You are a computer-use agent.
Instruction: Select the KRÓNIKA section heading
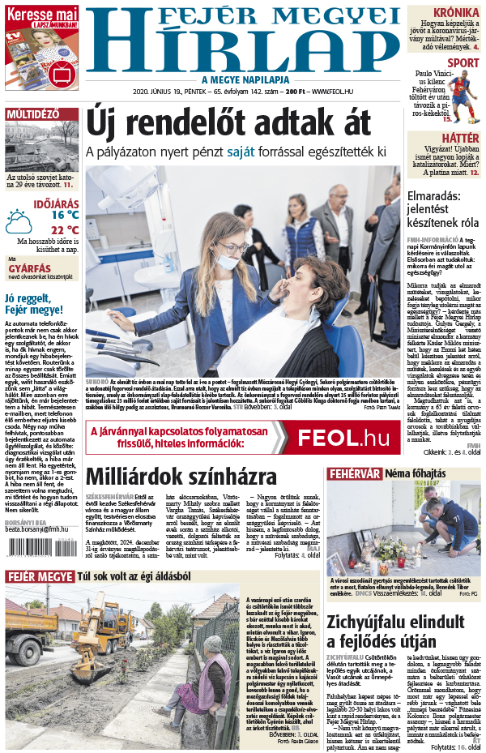point(454,12)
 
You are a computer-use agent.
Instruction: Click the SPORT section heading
point(463,62)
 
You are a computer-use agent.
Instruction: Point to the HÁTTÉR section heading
point(460,139)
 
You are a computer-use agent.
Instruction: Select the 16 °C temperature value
point(65,215)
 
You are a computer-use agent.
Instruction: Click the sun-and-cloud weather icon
point(19,220)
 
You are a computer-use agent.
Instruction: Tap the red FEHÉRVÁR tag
point(353,473)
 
